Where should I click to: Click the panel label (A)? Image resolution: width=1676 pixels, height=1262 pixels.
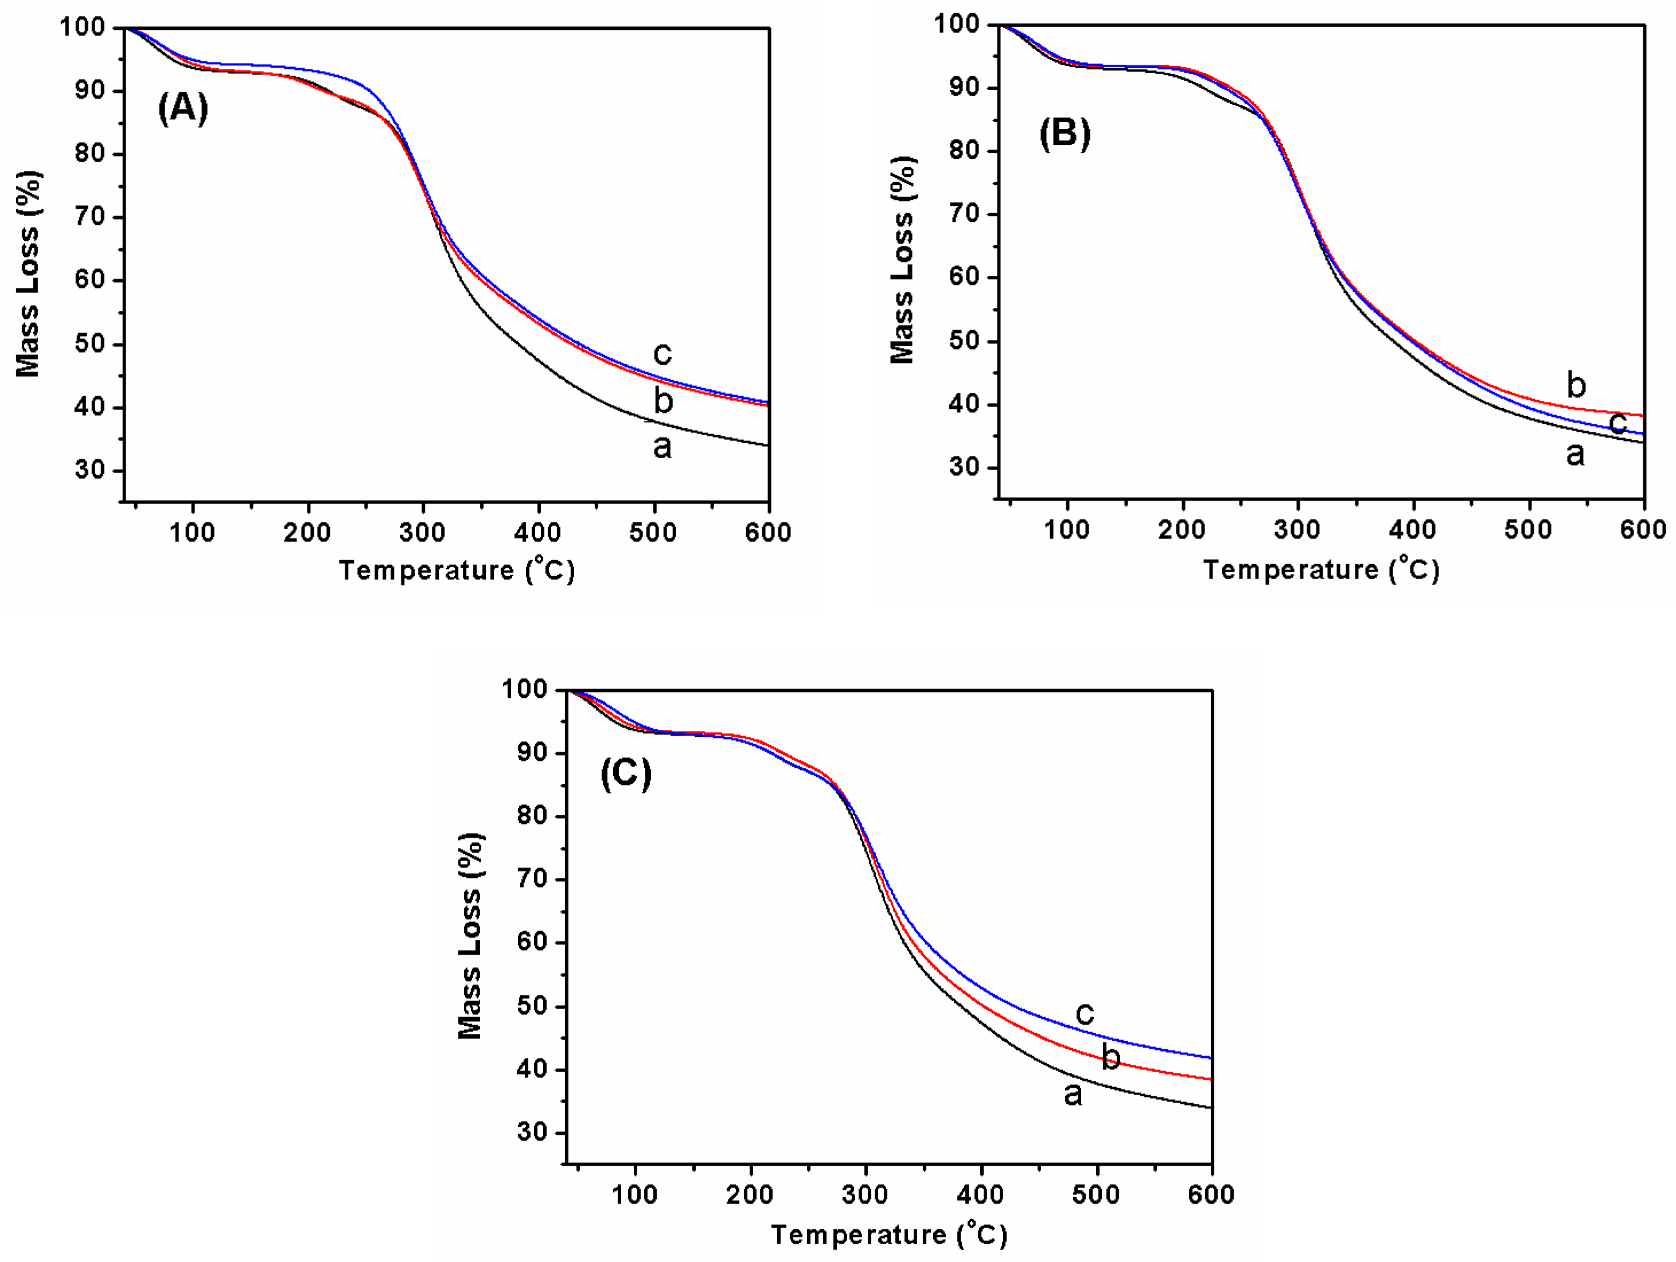pos(182,108)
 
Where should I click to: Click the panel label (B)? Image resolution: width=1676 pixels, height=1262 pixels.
pos(1065,134)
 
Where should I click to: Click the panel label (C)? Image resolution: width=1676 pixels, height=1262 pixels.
pos(626,773)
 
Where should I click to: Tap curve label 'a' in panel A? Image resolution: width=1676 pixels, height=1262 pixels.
pos(662,447)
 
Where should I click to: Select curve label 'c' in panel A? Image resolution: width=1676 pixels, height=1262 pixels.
pos(662,353)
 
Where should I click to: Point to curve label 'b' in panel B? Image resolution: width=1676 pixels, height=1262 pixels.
pos(1576,385)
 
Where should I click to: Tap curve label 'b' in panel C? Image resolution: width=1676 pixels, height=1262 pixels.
pos(1111,1056)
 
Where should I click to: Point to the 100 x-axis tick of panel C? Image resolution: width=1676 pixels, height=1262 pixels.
pos(634,1194)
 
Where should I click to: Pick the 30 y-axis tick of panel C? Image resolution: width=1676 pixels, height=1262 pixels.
pos(533,1132)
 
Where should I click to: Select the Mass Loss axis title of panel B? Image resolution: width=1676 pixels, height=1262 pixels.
pos(902,260)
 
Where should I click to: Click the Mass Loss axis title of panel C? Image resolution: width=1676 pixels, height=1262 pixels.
pos(470,936)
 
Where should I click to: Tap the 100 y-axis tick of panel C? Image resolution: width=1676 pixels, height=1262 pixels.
pos(524,689)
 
